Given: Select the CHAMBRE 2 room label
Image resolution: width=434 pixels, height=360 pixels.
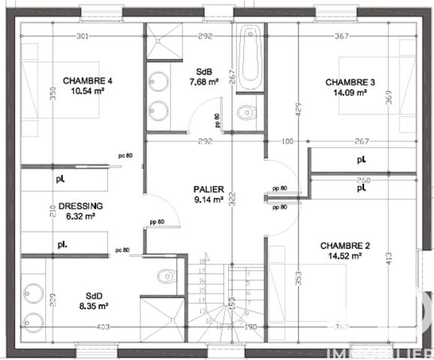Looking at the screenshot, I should (x=345, y=245).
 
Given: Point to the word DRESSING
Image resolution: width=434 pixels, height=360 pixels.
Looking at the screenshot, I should (x=80, y=205).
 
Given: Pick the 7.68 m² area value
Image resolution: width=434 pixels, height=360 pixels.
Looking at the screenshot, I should (x=202, y=82).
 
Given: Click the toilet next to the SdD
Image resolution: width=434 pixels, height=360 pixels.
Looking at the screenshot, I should (x=166, y=276).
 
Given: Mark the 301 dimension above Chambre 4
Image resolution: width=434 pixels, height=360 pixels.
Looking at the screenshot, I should (x=83, y=36).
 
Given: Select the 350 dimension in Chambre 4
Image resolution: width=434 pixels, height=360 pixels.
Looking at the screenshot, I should (x=32, y=92).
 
